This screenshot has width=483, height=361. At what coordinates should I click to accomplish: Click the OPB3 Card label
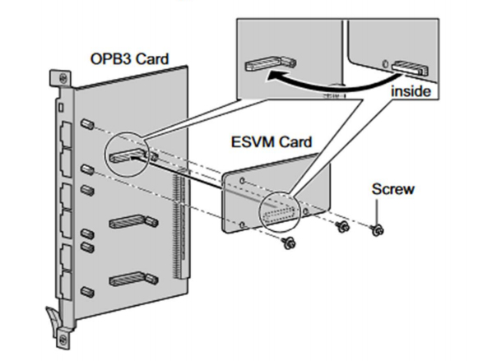tap(130, 58)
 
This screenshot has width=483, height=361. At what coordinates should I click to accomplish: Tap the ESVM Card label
tap(272, 142)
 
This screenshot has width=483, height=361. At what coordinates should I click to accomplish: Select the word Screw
tap(392, 189)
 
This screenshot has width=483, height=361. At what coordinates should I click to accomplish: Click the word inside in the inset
tap(411, 91)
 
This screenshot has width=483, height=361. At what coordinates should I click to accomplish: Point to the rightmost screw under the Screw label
tap(377, 229)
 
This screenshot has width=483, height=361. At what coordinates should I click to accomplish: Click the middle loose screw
tap(342, 227)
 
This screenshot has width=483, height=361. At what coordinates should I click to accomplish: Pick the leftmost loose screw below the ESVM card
tap(289, 243)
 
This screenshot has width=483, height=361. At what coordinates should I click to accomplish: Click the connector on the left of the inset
tap(271, 63)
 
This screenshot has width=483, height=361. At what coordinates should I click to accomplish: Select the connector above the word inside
tap(410, 68)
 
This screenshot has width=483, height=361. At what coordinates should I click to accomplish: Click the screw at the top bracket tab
tap(63, 77)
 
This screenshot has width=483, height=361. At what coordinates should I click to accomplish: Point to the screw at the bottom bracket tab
tap(63, 338)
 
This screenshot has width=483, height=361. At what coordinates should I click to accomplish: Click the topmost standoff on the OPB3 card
tap(87, 124)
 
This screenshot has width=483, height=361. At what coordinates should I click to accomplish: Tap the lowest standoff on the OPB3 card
tap(87, 291)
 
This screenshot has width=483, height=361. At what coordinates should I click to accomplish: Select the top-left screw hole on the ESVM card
tap(243, 180)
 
